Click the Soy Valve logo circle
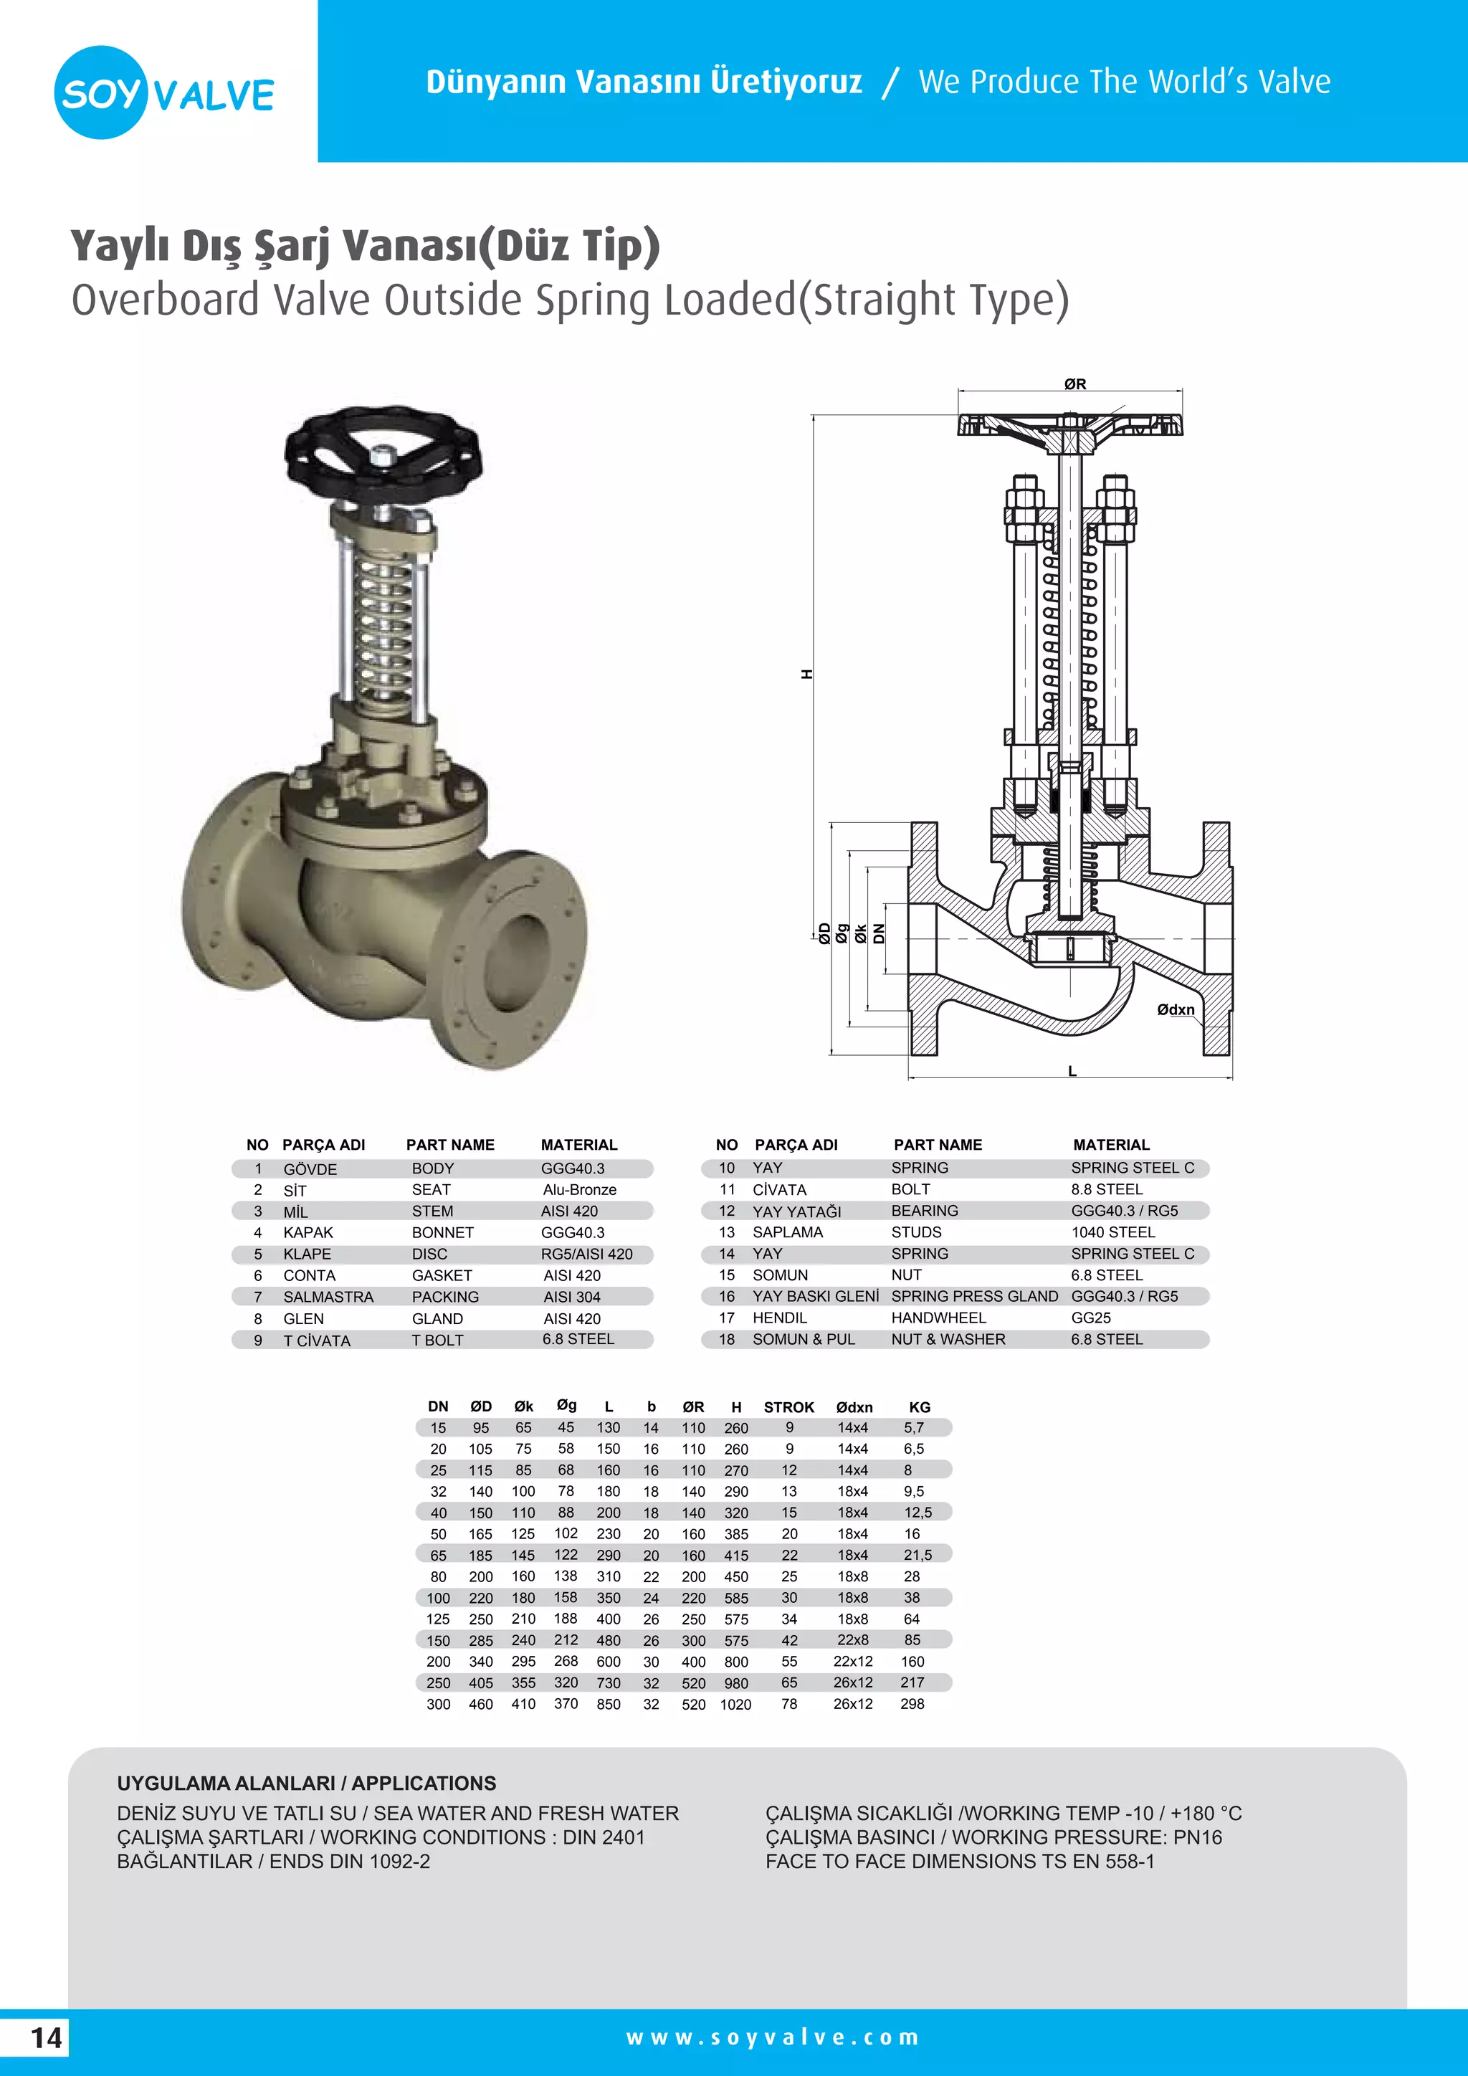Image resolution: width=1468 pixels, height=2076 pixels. (100, 92)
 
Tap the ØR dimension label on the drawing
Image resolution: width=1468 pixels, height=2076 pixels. (1074, 384)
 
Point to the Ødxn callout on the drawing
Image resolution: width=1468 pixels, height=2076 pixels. (1175, 1010)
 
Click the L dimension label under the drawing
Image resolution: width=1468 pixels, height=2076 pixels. (1072, 1072)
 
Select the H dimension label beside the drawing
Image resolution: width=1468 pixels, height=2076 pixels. (807, 675)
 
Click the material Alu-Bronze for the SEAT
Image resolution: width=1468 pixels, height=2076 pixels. (579, 1190)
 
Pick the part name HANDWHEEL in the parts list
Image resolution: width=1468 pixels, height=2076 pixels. (938, 1318)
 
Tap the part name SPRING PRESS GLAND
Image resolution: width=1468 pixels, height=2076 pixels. (973, 1297)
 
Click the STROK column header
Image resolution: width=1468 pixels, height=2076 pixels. (788, 1407)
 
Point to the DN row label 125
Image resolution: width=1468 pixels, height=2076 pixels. (439, 1619)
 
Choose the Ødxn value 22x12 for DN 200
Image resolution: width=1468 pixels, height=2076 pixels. (852, 1662)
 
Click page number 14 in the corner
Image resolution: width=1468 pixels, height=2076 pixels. (46, 2038)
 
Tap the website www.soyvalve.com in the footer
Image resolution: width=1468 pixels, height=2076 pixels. (772, 2038)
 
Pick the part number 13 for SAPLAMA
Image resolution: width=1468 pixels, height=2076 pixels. (727, 1232)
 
